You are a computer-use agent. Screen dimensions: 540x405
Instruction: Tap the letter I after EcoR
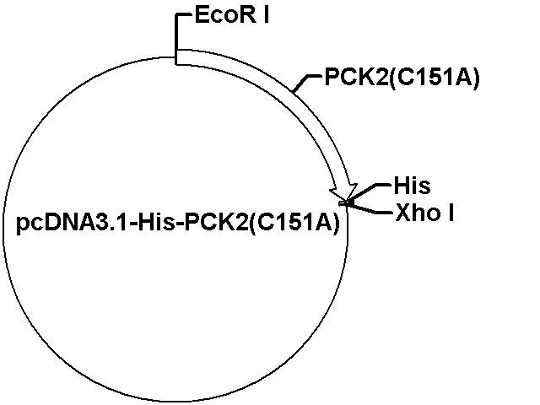[267, 16]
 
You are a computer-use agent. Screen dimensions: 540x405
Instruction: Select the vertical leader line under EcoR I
[176, 39]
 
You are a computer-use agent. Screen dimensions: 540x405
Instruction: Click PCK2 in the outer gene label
[356, 77]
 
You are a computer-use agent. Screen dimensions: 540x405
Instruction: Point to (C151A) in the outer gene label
[434, 78]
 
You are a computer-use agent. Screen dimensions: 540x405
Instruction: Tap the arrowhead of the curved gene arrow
[344, 192]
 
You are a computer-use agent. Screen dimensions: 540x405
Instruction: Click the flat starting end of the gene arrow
[177, 57]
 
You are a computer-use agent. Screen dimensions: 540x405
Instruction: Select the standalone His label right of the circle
[412, 186]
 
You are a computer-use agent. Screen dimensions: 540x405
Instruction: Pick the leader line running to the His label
[369, 192]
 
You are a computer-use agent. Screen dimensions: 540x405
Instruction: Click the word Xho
[418, 213]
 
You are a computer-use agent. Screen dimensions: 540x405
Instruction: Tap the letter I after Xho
[451, 213]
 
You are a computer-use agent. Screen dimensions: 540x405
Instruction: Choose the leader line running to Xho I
[368, 208]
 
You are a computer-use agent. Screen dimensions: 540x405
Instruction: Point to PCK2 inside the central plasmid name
[216, 223]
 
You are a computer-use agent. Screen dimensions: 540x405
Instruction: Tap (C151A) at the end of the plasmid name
[294, 224]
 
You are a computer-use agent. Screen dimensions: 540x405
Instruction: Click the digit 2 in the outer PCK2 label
[381, 77]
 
